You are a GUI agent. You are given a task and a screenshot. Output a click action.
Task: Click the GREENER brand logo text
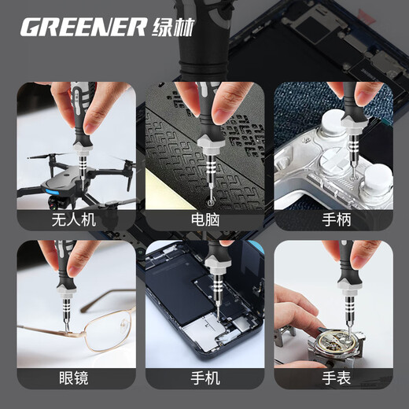[82, 28]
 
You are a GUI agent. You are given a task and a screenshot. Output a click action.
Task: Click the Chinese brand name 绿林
[170, 28]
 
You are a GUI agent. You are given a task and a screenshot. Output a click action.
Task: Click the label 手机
[203, 378]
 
